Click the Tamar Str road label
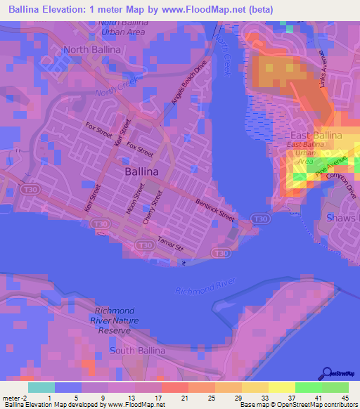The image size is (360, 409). tap(171, 243)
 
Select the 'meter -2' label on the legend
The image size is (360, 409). tap(14, 398)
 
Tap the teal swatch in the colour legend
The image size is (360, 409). tap(41, 387)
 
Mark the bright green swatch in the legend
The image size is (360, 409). tap(308, 387)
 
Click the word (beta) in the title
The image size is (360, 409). tap(258, 9)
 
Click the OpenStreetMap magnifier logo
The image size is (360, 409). tap(328, 372)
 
